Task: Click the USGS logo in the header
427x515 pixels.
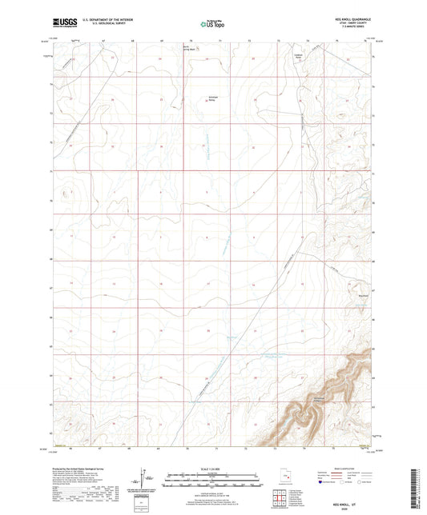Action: (x=60, y=23)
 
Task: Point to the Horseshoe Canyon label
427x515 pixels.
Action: (x=320, y=399)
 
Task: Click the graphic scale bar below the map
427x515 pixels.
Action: (x=213, y=482)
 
